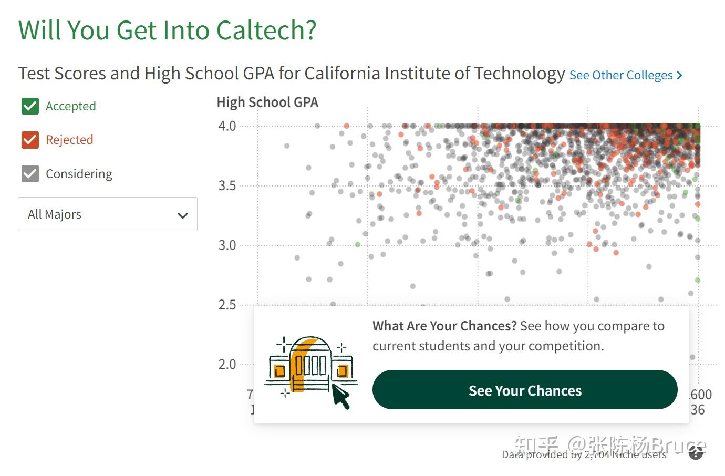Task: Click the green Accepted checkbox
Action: pos(30,106)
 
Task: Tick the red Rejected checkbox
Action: pos(30,140)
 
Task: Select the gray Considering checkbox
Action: pos(30,174)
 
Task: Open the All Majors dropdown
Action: pos(108,214)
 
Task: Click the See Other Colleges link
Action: pos(625,75)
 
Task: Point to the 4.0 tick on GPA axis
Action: pos(227,126)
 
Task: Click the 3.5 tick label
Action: pos(227,185)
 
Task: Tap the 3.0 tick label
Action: pos(227,245)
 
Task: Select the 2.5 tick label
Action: pos(227,305)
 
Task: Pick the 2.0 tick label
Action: pos(227,364)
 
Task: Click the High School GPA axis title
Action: pos(267,102)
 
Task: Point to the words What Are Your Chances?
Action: pos(444,326)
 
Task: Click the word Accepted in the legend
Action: pos(71,106)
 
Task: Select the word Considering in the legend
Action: pos(79,174)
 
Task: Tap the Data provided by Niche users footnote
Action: pos(584,454)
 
